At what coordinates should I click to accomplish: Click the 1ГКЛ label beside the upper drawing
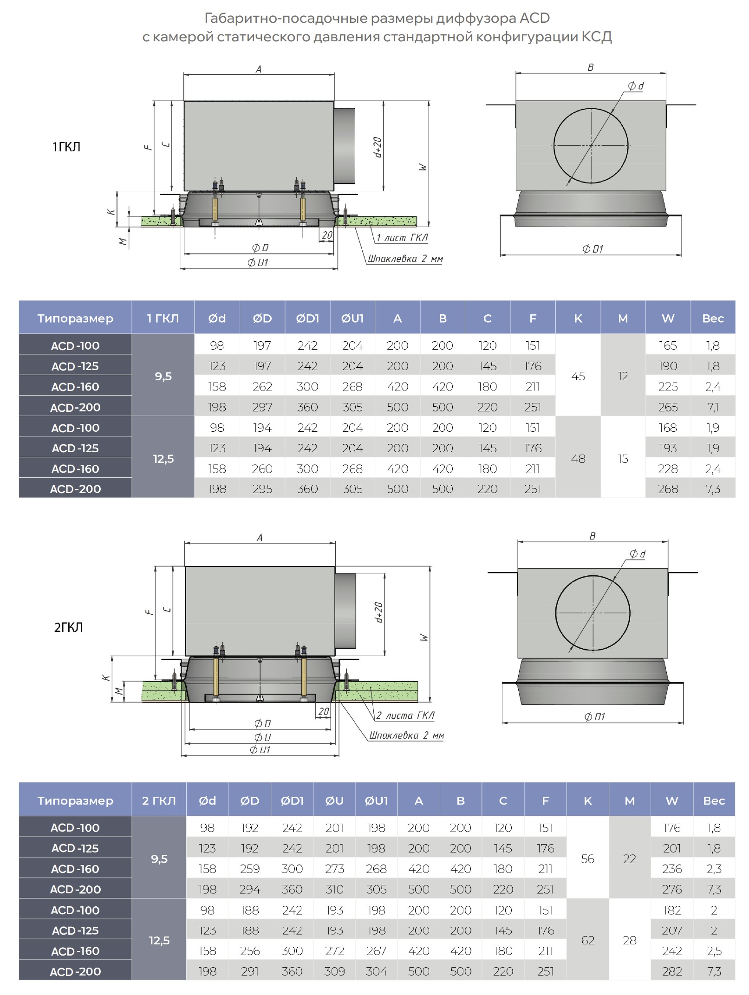point(66,147)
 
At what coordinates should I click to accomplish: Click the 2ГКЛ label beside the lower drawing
point(68,628)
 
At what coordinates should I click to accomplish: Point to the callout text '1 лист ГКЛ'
point(402,238)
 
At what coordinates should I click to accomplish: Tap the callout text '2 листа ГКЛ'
point(405,715)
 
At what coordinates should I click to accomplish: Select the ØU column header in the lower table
point(334,800)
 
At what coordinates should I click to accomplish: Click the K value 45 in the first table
point(578,376)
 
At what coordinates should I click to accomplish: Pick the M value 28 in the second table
point(629,940)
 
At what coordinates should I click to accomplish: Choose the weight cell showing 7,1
point(713,407)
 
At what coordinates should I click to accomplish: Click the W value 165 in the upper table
point(668,345)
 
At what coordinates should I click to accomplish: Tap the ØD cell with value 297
point(262,407)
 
